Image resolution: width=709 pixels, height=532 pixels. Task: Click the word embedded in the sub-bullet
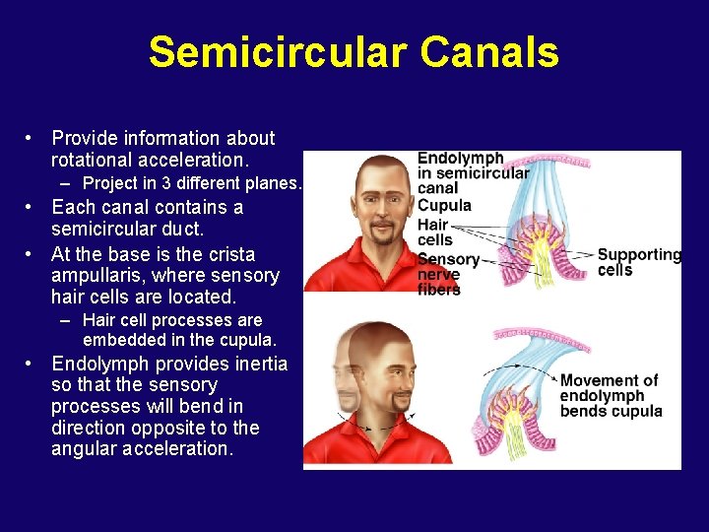(122, 340)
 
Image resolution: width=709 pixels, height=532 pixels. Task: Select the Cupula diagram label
(444, 206)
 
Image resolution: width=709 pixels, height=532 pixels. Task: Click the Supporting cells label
(638, 262)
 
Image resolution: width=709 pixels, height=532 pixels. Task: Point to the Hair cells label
(434, 232)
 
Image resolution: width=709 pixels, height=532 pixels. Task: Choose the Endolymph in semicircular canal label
(471, 172)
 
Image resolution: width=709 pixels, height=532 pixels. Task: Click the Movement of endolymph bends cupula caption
(611, 395)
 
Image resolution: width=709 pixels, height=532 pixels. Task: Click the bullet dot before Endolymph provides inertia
(32, 365)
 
